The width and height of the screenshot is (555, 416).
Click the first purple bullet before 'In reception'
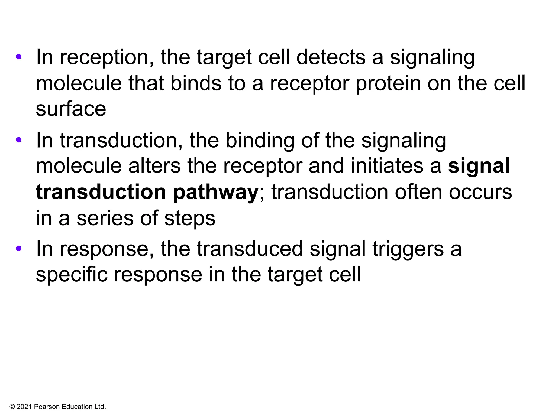18,57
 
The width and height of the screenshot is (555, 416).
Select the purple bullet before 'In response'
18,249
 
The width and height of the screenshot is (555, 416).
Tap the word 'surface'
71,109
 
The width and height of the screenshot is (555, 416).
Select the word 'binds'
196,83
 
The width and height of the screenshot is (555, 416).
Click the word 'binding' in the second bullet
260,141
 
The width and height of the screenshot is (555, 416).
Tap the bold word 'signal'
479,166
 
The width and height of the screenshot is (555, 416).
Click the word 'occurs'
480,192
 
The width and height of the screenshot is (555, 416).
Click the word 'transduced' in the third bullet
250,249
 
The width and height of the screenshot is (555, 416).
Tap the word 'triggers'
408,249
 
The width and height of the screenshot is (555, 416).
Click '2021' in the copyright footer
24,407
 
